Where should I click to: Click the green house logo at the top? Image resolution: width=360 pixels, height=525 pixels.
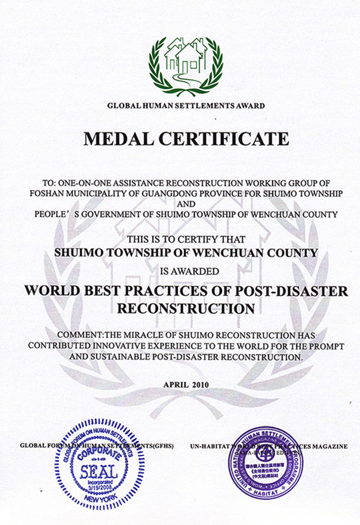[186, 65]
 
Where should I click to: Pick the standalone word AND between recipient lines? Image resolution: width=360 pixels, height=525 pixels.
[186, 204]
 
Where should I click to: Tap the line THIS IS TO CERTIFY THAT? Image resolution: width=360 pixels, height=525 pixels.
[186, 239]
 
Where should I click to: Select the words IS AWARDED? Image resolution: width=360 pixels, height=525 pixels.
[186, 271]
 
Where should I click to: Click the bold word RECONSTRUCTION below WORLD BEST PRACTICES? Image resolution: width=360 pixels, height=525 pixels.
[186, 309]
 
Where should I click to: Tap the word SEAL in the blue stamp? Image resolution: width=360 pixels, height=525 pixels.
[99, 471]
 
